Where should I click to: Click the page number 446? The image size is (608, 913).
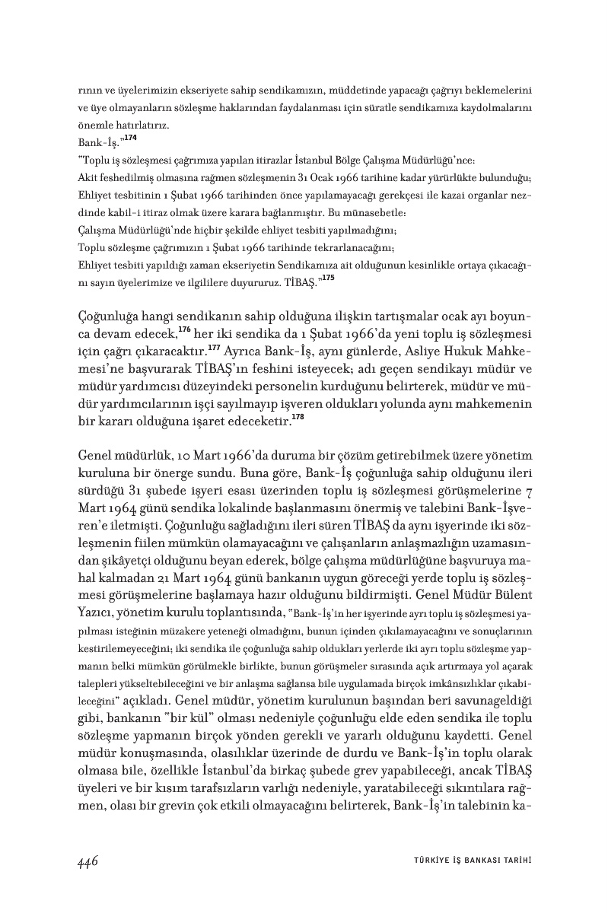coord(89,861)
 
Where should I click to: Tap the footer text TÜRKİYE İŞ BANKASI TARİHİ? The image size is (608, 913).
coord(466,861)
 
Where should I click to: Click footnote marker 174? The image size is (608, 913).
coord(131,138)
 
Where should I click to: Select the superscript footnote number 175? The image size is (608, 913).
coord(328,278)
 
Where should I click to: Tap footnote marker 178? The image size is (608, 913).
coord(299,417)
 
